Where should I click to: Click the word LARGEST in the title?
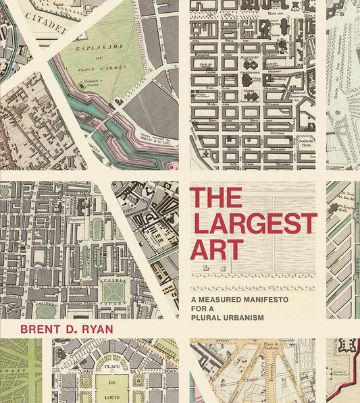[253, 223]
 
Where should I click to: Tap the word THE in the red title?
[215, 198]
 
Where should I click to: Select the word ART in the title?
[215, 249]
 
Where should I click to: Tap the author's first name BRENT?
[40, 330]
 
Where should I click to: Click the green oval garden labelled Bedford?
[45, 311]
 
